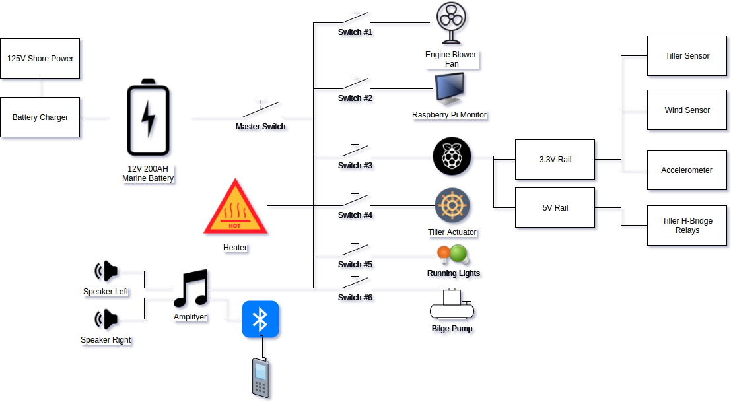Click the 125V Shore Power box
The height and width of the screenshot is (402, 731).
[40, 59]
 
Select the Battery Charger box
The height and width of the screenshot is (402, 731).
[40, 117]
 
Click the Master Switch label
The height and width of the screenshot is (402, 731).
[260, 126]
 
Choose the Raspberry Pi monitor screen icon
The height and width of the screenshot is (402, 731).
[449, 89]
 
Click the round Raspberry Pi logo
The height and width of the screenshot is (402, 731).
[452, 156]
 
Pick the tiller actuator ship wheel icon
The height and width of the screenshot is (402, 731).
[452, 205]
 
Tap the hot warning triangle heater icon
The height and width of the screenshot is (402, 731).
[235, 208]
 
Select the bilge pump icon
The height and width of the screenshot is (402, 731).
[452, 305]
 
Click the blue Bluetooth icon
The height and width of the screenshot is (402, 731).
[260, 319]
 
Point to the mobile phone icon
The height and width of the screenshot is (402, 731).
[261, 378]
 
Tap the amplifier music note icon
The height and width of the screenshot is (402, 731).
[191, 288]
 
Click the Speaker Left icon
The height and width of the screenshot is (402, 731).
[106, 271]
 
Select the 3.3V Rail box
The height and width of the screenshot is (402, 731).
[555, 160]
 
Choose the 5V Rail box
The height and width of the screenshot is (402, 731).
[555, 208]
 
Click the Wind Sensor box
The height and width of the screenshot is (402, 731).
[687, 110]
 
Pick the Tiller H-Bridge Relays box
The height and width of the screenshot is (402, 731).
[687, 226]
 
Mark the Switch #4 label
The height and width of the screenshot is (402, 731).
[355, 215]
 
